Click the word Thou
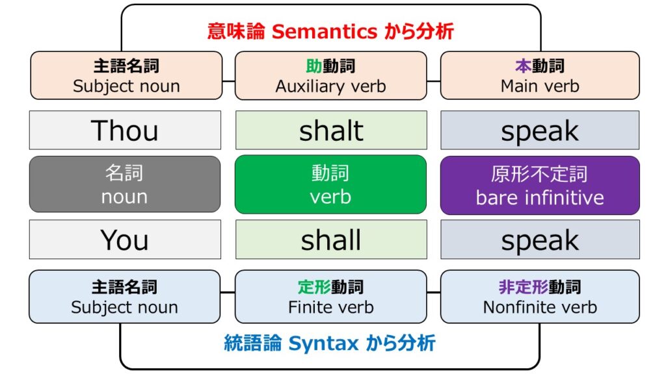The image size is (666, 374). pos(124,130)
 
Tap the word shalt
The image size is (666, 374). pos(331,131)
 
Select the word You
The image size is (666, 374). pos(124,240)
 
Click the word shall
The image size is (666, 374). pos(331,240)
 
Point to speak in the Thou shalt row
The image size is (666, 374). pos(540,131)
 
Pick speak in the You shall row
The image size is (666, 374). pos(540,241)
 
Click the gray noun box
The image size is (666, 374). pos(125,184)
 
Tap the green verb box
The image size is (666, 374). pos(330,184)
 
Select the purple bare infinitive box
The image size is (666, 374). pos(540,185)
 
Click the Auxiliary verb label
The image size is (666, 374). pos(331,86)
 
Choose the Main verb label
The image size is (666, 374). pos(540,86)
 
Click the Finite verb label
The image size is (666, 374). pos(331,307)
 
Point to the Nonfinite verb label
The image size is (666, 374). pos(540,307)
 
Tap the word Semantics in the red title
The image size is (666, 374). pos(325,31)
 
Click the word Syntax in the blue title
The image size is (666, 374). pos(324,343)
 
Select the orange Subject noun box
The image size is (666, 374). pos(126,75)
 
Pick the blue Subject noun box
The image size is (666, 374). pos(124,296)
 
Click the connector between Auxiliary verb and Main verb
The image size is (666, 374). pos(434,81)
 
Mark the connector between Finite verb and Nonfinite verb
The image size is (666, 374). pos(434,292)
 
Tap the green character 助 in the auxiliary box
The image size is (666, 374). pos(314,66)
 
